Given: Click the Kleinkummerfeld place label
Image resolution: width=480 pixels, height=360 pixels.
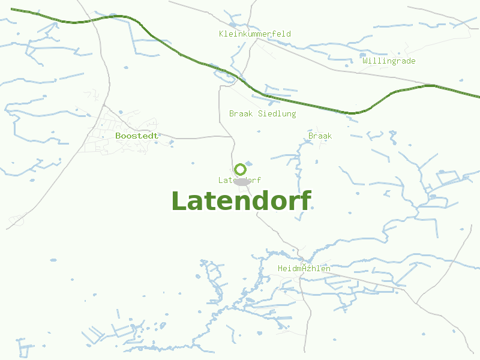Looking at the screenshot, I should [254, 34].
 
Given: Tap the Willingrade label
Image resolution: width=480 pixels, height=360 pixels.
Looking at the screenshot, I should [389, 61].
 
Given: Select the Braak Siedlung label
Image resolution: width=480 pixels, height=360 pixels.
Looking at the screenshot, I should [262, 113].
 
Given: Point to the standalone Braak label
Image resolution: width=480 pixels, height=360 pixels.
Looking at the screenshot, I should [320, 136].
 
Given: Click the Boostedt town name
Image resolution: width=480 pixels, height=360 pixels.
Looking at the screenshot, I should [137, 136].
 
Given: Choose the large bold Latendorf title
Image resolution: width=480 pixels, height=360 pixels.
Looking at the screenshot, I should [241, 201].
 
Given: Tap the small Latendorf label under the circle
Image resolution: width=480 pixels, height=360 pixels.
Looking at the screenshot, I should [239, 180].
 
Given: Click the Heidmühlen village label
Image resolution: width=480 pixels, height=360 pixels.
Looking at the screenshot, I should [304, 268].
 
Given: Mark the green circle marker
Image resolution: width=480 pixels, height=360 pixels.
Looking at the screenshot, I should [241, 169].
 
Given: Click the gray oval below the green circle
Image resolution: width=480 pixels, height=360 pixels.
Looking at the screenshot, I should [241, 181].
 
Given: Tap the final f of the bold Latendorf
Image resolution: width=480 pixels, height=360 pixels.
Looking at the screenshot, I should [305, 201].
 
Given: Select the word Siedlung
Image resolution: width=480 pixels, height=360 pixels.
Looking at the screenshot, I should [277, 113].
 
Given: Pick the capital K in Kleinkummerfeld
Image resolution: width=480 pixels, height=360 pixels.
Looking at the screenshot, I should [221, 34].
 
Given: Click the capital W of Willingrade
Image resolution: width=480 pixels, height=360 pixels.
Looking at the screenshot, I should [365, 61].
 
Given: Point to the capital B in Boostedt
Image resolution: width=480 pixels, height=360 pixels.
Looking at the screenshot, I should [118, 136].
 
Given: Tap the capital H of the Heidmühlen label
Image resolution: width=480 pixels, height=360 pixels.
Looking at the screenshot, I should [280, 268].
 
